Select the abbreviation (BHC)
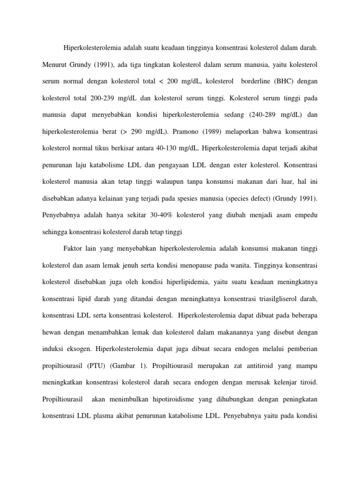click(x=280, y=82)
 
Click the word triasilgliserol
click(x=267, y=302)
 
